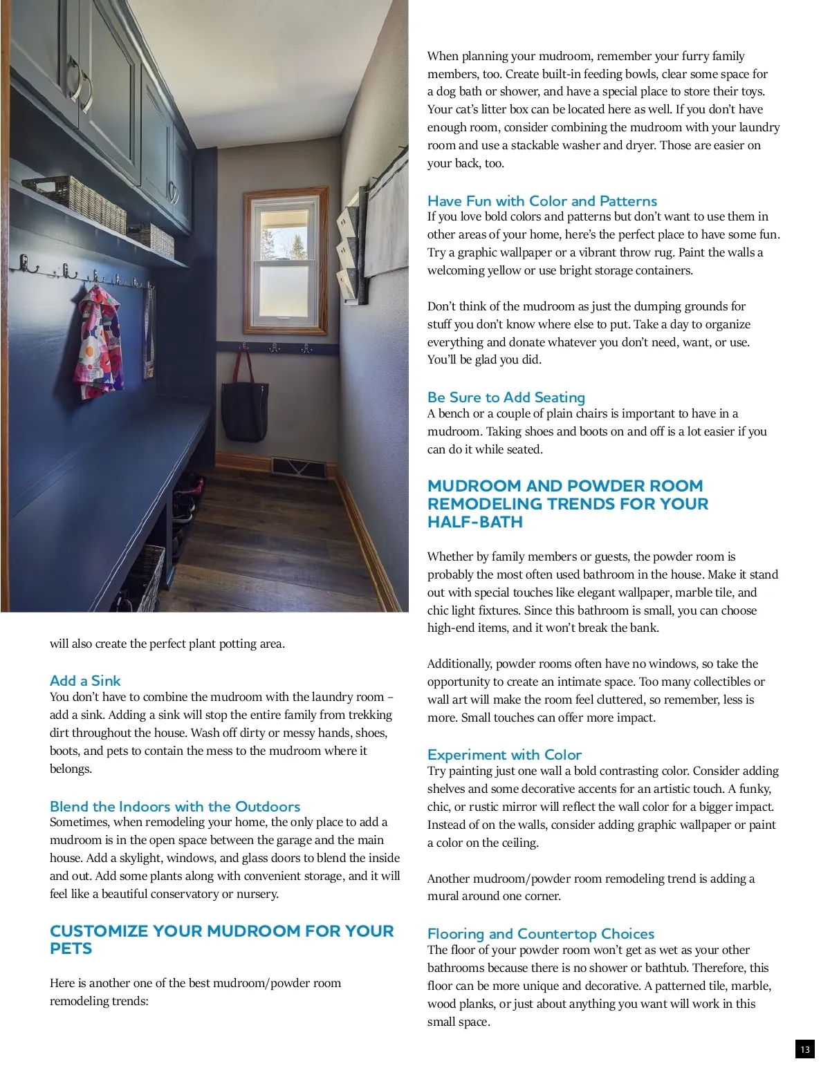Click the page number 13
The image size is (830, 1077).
[x=804, y=1049]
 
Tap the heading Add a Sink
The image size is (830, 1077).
[x=85, y=681]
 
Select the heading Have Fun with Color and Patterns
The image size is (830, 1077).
[x=542, y=201]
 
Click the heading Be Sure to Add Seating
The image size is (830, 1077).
[x=506, y=397]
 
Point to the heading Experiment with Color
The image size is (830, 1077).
[x=504, y=755]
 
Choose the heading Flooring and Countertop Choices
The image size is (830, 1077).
[x=541, y=934]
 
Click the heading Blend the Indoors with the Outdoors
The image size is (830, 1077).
[x=175, y=807]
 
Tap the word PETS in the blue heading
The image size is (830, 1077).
[x=71, y=949]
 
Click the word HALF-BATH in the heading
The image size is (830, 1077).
[x=475, y=523]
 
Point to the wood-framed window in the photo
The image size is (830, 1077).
[x=286, y=261]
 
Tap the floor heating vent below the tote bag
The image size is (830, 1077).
[x=299, y=468]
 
